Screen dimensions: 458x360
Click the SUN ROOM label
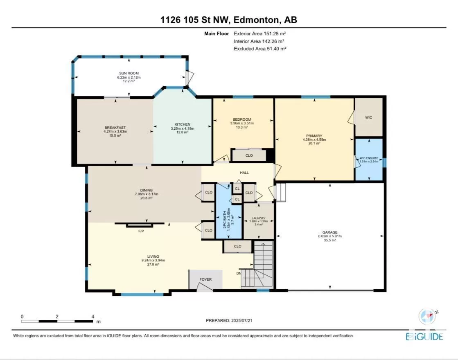(x=129, y=73)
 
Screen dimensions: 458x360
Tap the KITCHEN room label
(x=183, y=124)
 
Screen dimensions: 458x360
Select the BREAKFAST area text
(x=115, y=128)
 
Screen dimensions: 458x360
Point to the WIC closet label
(x=369, y=117)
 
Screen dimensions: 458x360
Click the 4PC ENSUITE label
(x=369, y=158)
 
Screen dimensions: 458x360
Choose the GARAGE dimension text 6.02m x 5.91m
(x=330, y=236)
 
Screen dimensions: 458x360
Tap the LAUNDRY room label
(x=259, y=218)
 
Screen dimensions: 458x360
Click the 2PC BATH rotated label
(x=225, y=219)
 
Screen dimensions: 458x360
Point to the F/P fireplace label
(x=141, y=231)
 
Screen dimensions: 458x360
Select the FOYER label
(x=205, y=279)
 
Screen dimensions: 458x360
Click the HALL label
(x=244, y=173)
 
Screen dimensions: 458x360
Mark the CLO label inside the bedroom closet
(x=249, y=155)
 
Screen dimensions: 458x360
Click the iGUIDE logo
(x=424, y=337)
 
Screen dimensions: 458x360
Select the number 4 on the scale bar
(x=93, y=317)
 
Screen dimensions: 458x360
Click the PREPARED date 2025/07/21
(x=242, y=320)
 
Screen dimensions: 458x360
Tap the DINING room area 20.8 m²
(x=147, y=198)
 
